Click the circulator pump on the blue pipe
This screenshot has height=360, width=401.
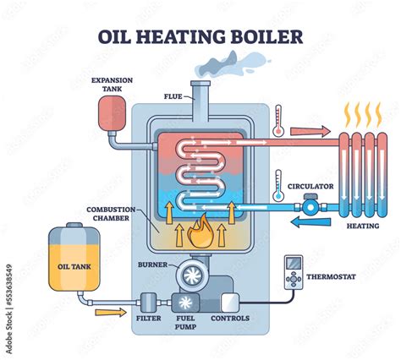(310, 205)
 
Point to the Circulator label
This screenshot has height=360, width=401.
(310, 185)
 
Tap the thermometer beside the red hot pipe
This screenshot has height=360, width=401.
(277, 119)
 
